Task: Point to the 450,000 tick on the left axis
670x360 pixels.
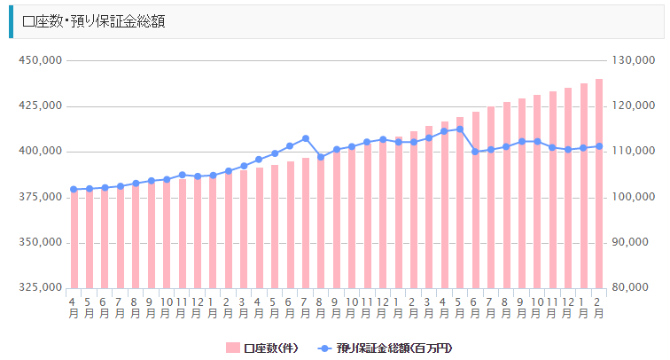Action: click(x=39, y=60)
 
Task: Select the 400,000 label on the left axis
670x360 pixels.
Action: click(x=39, y=152)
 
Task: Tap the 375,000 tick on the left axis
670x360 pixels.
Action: click(x=39, y=197)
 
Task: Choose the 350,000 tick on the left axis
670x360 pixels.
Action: click(x=39, y=242)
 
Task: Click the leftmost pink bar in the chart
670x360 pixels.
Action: click(x=74, y=239)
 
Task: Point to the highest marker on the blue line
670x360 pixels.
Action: click(x=460, y=129)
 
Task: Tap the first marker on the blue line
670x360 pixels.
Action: click(x=74, y=189)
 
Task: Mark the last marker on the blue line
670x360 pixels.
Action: click(x=599, y=146)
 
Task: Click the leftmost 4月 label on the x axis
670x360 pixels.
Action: click(x=74, y=307)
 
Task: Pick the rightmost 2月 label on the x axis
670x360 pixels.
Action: click(x=599, y=307)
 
